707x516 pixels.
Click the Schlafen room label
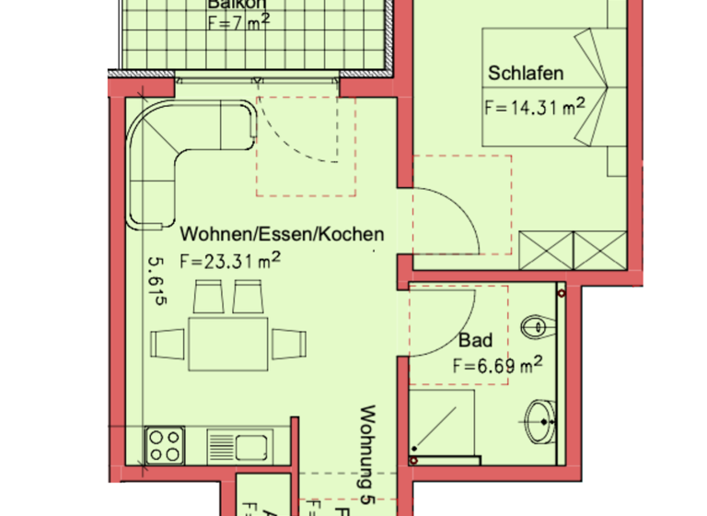tap(526, 74)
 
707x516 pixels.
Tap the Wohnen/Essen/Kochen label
tap(282, 234)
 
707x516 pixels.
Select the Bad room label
tap(475, 341)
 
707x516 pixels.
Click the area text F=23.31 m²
tap(229, 261)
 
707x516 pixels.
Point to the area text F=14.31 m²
tap(535, 106)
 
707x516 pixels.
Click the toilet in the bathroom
tap(535, 327)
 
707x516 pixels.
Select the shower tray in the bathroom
tap(444, 426)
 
